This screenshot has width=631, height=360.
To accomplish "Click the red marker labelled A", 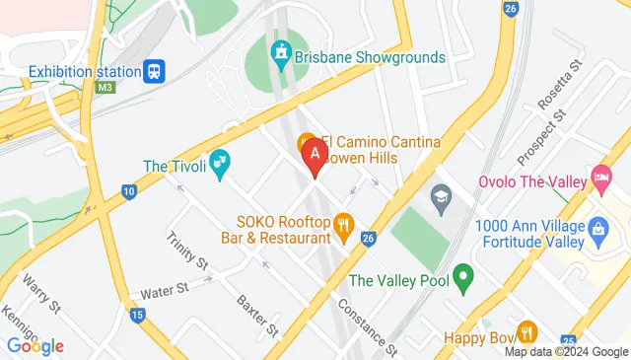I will click(314, 156).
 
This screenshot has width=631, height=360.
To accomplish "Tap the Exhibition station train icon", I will click(155, 71).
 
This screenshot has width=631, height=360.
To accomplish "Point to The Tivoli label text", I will click(174, 165).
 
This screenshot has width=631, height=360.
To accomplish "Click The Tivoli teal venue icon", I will click(220, 160).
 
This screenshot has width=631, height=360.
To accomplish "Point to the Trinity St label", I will click(187, 251).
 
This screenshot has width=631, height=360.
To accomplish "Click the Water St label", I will click(164, 290).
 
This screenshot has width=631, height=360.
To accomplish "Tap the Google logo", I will click(35, 346).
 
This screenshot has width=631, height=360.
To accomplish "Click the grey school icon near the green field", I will click(440, 202).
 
